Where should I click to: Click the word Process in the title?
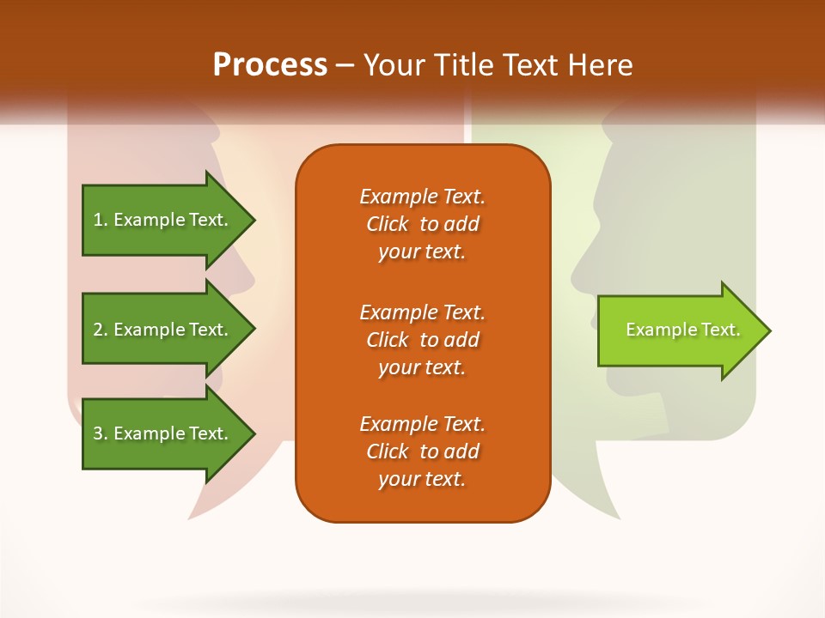(x=269, y=65)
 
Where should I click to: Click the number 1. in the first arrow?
(x=101, y=221)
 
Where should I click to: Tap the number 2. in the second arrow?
(x=101, y=330)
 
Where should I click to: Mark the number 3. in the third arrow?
(x=101, y=434)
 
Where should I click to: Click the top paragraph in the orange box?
(x=422, y=224)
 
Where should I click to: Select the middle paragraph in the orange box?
(x=422, y=340)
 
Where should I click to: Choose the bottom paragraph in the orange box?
(x=422, y=451)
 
